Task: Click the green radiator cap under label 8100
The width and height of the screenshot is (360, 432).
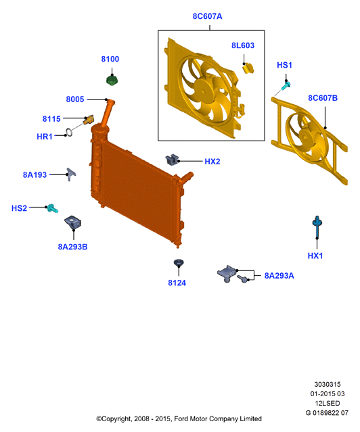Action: click(112, 80)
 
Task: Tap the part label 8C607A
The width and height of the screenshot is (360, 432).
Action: click(208, 16)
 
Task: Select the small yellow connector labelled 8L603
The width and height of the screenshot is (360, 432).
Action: click(248, 68)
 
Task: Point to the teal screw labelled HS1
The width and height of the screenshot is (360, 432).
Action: click(286, 86)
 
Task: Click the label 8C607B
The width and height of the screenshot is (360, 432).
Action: click(323, 98)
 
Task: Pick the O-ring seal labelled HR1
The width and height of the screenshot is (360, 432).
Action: click(69, 133)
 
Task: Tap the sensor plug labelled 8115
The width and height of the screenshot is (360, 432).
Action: click(89, 120)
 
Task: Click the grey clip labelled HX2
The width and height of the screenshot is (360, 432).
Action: click(172, 160)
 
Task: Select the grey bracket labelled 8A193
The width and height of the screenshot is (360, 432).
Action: click(71, 174)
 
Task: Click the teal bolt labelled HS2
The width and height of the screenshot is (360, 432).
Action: click(52, 208)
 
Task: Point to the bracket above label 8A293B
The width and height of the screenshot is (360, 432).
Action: click(73, 223)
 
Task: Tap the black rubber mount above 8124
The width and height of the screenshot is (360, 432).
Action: click(179, 263)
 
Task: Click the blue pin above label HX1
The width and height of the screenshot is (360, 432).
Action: click(317, 227)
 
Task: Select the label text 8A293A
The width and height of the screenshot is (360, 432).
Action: click(279, 276)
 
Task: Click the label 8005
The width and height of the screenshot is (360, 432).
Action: click(75, 99)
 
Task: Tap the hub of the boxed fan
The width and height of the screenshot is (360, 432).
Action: click(204, 91)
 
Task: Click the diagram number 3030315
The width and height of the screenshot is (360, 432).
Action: click(328, 384)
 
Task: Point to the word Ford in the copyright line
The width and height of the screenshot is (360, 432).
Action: click(181, 419)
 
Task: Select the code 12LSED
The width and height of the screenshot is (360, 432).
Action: click(328, 404)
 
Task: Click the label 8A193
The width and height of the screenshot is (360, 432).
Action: click(35, 174)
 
